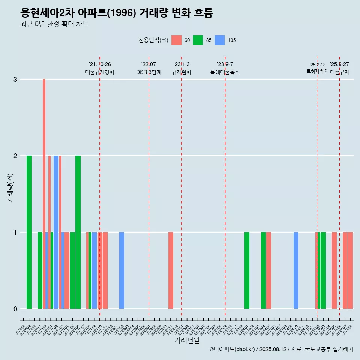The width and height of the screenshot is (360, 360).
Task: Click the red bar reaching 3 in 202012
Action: pyautogui.click(x=44, y=193)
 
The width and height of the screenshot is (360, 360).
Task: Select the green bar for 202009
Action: pyautogui.click(x=29, y=232)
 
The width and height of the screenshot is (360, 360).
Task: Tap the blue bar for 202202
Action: pyautogui.click(x=121, y=270)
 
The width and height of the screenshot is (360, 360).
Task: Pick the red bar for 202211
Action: pyautogui.click(x=171, y=270)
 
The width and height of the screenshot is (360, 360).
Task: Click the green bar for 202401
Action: pyautogui.click(x=247, y=270)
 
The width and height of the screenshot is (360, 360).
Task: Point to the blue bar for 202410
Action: pyautogui.click(x=296, y=270)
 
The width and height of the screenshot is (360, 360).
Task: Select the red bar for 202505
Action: pyautogui.click(x=334, y=270)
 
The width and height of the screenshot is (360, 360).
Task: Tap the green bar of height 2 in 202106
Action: pyautogui.click(x=78, y=232)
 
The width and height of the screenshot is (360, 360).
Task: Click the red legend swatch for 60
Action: pyautogui.click(x=176, y=40)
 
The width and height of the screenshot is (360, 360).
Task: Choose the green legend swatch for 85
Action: pyautogui.click(x=198, y=40)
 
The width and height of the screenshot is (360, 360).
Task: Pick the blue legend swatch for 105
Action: pyautogui.click(x=220, y=40)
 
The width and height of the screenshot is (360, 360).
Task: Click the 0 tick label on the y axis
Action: pyautogui.click(x=15, y=309)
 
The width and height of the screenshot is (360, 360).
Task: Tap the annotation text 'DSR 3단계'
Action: pyautogui.click(x=148, y=72)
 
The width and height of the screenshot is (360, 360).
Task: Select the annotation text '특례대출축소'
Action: pyautogui.click(x=225, y=72)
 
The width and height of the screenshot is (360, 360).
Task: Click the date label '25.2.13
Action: pyautogui.click(x=318, y=65)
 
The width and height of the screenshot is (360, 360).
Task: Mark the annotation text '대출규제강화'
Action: pyautogui.click(x=100, y=72)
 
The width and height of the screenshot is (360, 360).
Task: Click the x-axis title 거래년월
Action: pyautogui.click(x=187, y=340)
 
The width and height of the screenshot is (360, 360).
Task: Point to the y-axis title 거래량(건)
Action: pyautogui.click(x=10, y=187)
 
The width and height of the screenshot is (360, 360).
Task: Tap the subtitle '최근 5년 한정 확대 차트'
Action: pyautogui.click(x=54, y=24)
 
